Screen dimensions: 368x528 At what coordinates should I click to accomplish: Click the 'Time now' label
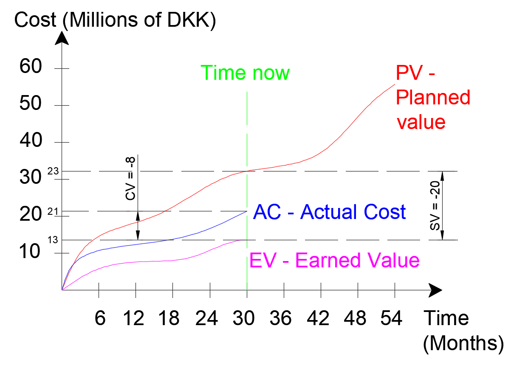[245, 73]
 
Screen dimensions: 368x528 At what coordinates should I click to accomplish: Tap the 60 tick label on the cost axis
[31, 67]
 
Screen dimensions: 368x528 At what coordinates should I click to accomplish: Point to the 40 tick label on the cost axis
[31, 140]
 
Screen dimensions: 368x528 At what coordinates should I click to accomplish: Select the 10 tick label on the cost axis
[31, 252]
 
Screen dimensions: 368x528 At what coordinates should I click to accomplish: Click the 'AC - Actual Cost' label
[329, 212]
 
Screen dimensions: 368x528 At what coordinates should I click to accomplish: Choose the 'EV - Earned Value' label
[335, 260]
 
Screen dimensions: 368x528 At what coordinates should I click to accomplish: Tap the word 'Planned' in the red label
[433, 98]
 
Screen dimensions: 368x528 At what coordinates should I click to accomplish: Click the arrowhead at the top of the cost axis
[62, 38]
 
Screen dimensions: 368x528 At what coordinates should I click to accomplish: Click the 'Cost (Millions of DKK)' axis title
[115, 20]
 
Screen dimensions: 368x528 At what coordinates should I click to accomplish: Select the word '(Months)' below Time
[463, 343]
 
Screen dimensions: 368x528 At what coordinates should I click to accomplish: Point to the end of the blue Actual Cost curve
[247, 211]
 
